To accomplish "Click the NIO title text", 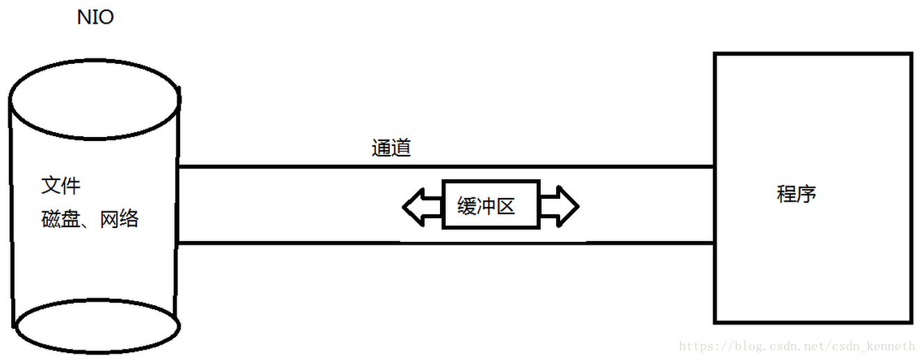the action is (95, 17).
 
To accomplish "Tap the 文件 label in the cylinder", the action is (61, 186).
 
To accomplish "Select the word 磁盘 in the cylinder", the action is (60, 220).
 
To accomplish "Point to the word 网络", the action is (120, 220).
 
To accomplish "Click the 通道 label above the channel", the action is (391, 148).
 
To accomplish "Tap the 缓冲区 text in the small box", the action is (487, 206).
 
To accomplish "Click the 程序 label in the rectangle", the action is (797, 194).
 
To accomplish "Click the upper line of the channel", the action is (445, 167).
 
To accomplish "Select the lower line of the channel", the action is (445, 243).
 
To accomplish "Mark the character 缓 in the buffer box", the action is (467, 206).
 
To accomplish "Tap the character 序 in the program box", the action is (806, 194).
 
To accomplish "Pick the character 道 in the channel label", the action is (401, 148).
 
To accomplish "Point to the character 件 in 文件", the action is (71, 186).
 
